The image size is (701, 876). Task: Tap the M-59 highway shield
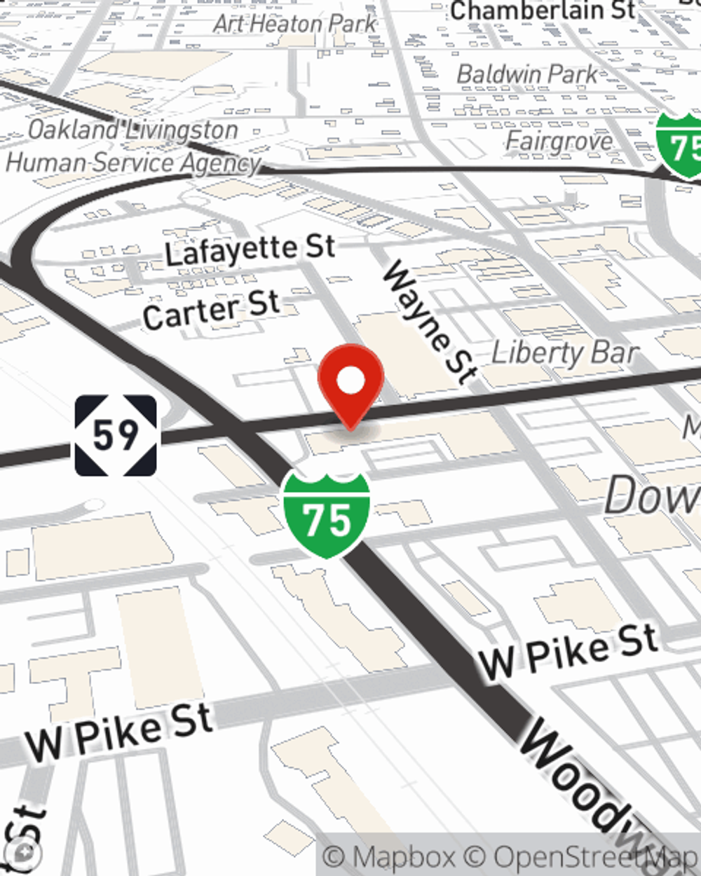click(x=116, y=435)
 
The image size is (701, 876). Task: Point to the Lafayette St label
click(x=250, y=249)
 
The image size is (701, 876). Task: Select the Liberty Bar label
click(x=565, y=353)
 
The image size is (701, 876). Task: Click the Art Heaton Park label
click(x=295, y=23)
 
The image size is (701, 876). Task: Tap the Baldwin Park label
click(x=528, y=74)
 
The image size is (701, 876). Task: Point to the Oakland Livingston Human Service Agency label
click(x=133, y=146)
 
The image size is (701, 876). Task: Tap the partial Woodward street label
click(x=596, y=788)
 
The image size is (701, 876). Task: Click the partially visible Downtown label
click(x=652, y=495)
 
